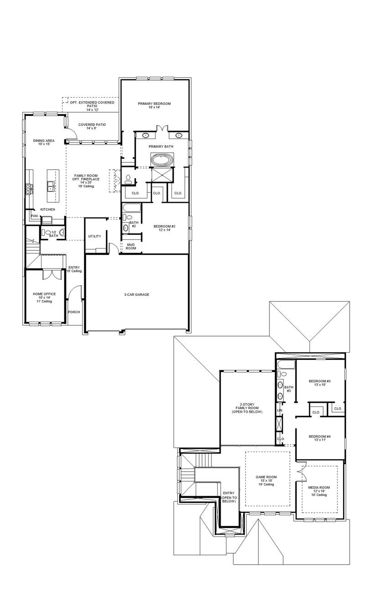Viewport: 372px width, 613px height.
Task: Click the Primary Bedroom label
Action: [154, 105]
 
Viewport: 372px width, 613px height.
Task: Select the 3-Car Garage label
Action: [136, 295]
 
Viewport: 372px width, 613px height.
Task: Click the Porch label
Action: [74, 312]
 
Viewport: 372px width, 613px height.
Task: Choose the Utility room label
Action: [94, 236]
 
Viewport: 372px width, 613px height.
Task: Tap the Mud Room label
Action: [131, 246]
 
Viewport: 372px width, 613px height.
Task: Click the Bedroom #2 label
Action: [165, 228]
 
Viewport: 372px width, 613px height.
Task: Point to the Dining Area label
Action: [44, 142]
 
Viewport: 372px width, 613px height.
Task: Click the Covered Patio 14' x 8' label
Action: [92, 126]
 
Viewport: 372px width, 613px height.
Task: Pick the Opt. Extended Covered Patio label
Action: [92, 106]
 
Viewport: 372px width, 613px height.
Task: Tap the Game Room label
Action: [266, 480]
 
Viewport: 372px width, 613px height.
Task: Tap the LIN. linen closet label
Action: [279, 410]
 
